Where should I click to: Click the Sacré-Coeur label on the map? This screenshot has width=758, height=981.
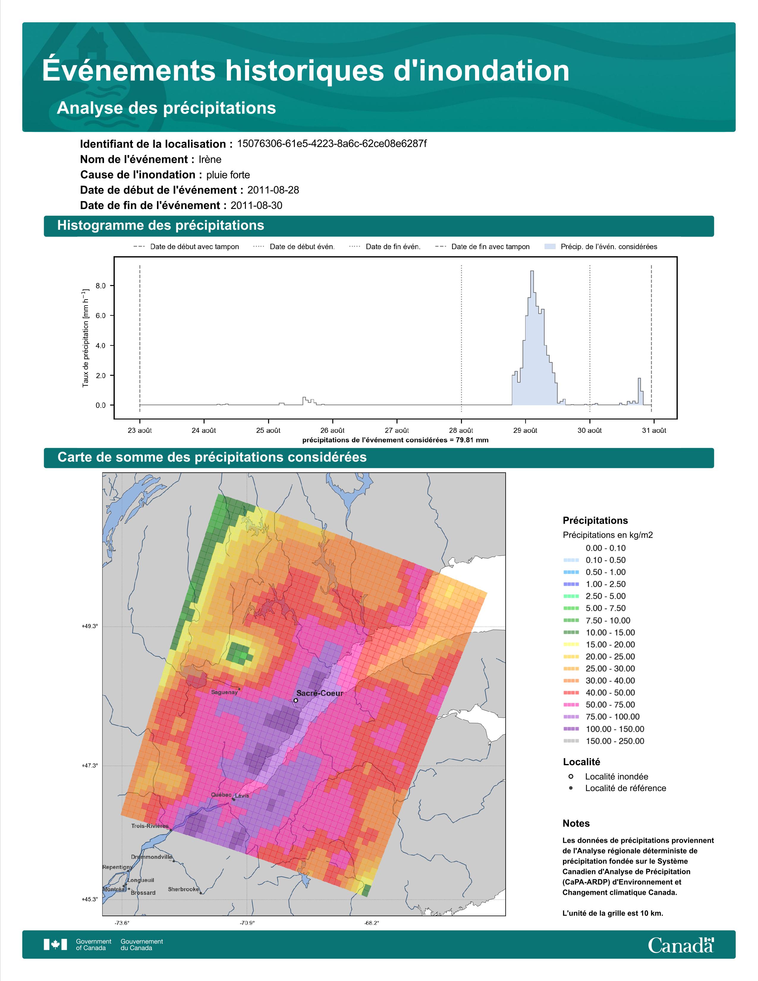click(320, 693)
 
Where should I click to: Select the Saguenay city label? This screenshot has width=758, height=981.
click(224, 692)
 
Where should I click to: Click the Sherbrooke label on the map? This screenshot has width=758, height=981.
click(183, 889)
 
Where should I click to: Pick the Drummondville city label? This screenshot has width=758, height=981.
click(152, 856)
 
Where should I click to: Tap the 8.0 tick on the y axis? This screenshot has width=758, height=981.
click(100, 286)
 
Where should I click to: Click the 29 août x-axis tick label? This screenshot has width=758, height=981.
click(525, 430)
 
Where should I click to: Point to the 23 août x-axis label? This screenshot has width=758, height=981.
click(140, 430)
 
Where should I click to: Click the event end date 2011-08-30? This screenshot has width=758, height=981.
click(257, 205)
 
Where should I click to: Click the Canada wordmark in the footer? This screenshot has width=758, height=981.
click(681, 945)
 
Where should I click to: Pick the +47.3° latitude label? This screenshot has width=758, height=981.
click(89, 765)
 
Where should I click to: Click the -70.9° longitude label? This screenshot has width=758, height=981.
click(247, 923)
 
